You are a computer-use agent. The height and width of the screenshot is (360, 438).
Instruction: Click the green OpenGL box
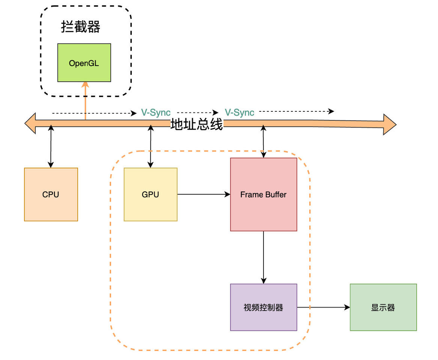pos(84,63)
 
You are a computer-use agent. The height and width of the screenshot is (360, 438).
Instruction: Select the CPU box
pos(51,194)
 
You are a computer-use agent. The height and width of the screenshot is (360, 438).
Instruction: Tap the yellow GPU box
pos(151,194)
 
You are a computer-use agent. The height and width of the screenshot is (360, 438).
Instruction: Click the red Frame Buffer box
pos(263,194)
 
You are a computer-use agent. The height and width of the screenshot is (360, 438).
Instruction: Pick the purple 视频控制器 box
pos(263,307)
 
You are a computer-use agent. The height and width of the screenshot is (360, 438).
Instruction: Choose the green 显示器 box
pos(383,307)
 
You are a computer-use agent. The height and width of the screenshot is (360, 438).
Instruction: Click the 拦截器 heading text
pos(81,27)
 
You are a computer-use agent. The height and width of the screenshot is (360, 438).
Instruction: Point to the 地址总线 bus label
pos(197,124)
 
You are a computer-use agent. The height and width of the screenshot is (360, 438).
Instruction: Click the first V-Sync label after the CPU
pos(156,112)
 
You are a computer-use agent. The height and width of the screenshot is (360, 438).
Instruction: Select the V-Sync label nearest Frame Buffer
pos(239,112)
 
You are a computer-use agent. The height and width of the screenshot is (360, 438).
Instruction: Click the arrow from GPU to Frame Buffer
pos(203,194)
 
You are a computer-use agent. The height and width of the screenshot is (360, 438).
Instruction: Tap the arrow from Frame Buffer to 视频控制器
pos(263,257)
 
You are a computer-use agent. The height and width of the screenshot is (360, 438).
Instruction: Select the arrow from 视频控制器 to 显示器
pos(323,307)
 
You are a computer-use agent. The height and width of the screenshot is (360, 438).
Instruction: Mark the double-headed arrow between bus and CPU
pos(51,147)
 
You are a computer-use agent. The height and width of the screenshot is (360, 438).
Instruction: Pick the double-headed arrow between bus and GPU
pos(151,147)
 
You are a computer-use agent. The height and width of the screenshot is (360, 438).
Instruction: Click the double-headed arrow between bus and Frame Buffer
pos(263,142)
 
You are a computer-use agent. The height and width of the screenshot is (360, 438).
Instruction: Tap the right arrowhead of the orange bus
pos(389,124)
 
